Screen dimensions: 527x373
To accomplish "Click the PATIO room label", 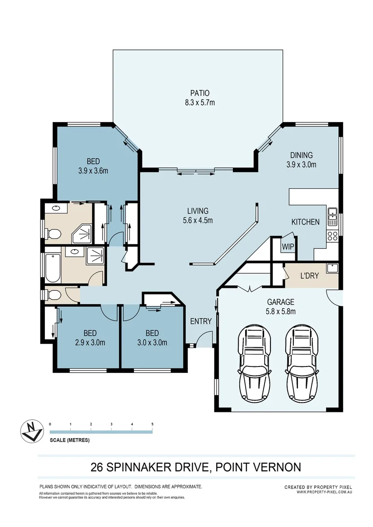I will (x=200, y=93).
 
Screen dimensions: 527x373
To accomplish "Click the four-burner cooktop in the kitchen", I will (x=332, y=237).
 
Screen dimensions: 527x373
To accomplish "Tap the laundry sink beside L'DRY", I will (x=332, y=268).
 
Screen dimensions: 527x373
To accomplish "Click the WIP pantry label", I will (x=288, y=247).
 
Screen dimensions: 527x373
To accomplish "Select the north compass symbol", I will (x=32, y=431).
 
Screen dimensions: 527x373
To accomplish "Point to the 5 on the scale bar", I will (x=153, y=424).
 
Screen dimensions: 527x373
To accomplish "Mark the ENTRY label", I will (x=201, y=321).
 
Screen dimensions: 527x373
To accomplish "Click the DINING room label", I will (x=301, y=156).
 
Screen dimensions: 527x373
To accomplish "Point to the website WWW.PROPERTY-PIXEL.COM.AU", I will (x=324, y=492).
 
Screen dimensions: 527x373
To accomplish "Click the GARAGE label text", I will (x=280, y=302).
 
